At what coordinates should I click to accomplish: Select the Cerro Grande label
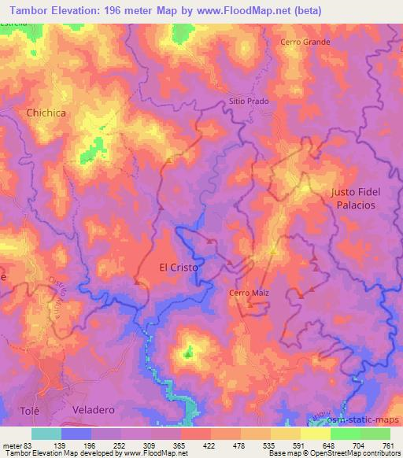point(305,42)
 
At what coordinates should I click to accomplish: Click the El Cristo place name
point(179,267)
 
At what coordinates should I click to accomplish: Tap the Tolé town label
point(28,411)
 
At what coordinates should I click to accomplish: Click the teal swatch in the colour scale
point(46,434)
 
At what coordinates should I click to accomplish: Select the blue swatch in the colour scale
point(76,434)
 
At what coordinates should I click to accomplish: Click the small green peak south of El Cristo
point(187,353)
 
